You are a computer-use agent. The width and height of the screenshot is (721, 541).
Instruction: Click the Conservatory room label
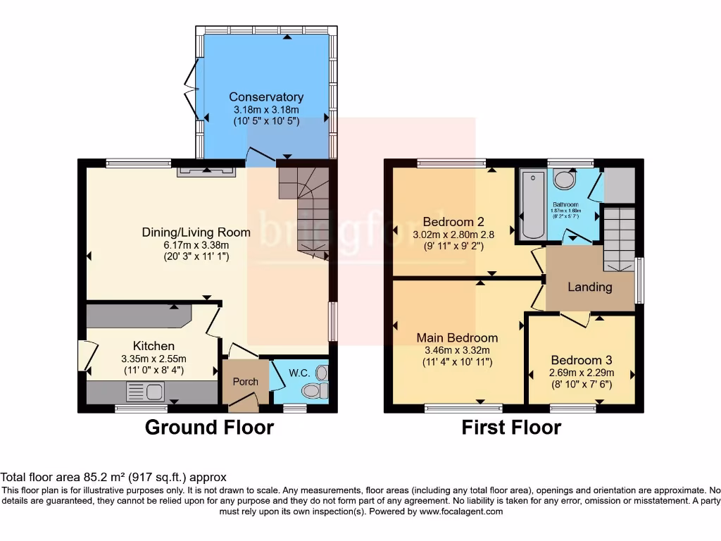click(x=266, y=97)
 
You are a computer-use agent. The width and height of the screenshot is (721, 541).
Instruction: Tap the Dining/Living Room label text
click(x=196, y=232)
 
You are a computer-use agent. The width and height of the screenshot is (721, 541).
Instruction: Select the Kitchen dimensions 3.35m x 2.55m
click(x=154, y=359)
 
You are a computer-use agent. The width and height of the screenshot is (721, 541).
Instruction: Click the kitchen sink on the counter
click(x=146, y=391)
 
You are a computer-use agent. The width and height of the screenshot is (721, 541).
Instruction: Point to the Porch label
click(x=246, y=382)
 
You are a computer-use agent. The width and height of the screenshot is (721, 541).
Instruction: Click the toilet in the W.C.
click(x=312, y=390)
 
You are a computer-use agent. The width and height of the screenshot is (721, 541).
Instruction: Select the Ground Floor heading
click(x=209, y=427)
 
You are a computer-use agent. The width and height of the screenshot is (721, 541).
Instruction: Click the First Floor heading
click(x=511, y=427)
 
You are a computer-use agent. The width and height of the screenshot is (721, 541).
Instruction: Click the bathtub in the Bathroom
click(x=529, y=204)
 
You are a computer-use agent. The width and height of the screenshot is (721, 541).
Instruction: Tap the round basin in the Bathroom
click(x=563, y=179)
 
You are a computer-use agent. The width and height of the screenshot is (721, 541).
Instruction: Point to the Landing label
click(x=590, y=287)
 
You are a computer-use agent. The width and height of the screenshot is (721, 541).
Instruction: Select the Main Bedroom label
click(x=457, y=338)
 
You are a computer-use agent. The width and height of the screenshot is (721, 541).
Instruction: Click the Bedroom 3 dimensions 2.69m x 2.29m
click(x=582, y=373)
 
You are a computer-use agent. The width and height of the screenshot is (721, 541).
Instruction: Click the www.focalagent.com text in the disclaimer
click(x=462, y=511)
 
